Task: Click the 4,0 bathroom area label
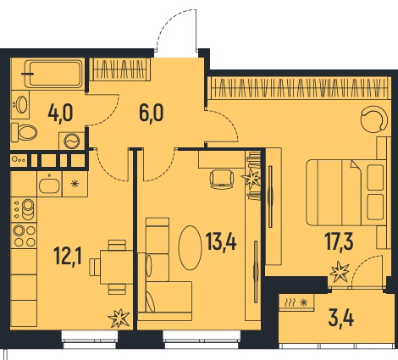(x=60, y=113)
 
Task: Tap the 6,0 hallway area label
(x=152, y=113)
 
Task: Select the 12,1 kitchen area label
(x=69, y=255)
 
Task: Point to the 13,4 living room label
(x=221, y=241)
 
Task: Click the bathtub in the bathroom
(x=54, y=74)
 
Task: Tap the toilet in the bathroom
(x=25, y=132)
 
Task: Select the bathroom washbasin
(x=20, y=104)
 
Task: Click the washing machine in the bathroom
(x=72, y=141)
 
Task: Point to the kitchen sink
(x=49, y=184)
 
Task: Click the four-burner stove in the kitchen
(x=24, y=235)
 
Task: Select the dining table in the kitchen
(x=116, y=267)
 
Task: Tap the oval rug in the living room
(x=191, y=247)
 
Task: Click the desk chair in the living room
(x=222, y=180)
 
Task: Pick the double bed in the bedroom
(x=346, y=192)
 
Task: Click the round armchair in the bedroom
(x=373, y=119)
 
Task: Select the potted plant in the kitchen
(x=119, y=318)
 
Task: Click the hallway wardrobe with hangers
(x=120, y=69)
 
